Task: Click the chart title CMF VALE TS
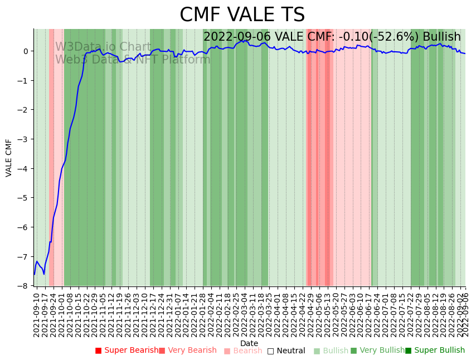pos(242,15)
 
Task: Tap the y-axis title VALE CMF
pos(9,158)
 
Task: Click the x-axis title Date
pos(249,344)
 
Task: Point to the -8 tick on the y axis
pos(25,286)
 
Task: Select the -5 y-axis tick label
pos(25,198)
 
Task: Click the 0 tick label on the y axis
pos(26,51)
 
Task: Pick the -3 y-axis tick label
pos(25,139)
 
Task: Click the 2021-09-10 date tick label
pos(37,314)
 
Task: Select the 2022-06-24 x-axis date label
pos(377,314)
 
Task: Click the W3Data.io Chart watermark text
pos(103,47)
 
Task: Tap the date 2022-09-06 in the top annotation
pos(237,37)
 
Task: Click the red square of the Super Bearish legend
pos(99,351)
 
